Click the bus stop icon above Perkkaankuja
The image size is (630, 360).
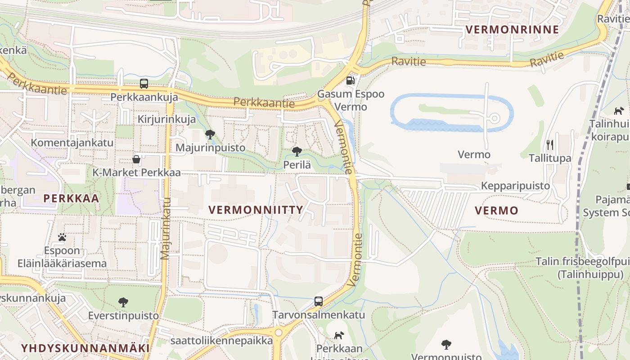coord(144,83)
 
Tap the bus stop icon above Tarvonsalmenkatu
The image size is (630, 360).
coord(319,301)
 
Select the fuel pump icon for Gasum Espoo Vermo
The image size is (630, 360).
coord(350,81)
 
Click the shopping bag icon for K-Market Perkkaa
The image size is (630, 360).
coord(136,159)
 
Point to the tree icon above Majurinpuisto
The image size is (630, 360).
coord(210,134)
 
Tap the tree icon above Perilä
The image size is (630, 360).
coord(297,151)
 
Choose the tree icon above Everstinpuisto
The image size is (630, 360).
coord(123,302)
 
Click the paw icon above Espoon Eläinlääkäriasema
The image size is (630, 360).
coord(62,237)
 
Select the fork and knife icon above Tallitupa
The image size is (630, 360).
coord(549,144)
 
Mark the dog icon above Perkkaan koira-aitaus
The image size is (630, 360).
coord(339,335)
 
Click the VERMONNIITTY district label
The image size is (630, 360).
coord(256,210)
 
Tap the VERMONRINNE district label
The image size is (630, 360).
coord(512,30)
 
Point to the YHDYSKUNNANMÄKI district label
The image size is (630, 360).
coord(85,348)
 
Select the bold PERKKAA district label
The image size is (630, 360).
coord(71,198)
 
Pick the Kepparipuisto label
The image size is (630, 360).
coord(515,186)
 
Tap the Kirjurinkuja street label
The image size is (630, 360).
coord(166,119)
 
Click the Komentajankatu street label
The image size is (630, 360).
coord(72,143)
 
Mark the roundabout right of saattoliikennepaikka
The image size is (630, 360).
coord(279,333)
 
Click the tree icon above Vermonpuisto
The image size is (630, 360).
coord(446,345)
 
